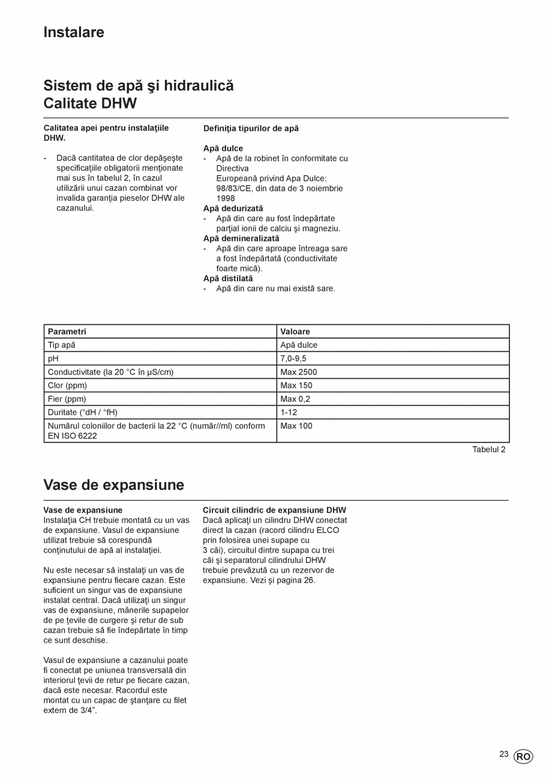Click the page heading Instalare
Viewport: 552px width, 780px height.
(x=74, y=32)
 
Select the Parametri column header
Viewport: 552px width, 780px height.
(x=67, y=332)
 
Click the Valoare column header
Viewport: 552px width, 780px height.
(x=295, y=332)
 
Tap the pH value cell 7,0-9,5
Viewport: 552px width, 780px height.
(x=293, y=359)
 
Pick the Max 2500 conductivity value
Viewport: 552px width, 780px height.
(x=298, y=372)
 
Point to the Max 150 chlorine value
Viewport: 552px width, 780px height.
(x=296, y=386)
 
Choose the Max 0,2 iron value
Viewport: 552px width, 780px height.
(x=295, y=399)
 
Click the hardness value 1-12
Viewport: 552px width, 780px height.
(x=289, y=412)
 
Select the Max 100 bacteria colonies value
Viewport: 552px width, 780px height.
(x=296, y=426)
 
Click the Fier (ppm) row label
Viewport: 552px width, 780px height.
(x=67, y=399)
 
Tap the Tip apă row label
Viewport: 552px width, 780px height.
(x=62, y=345)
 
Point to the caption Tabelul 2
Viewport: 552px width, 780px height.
(x=488, y=450)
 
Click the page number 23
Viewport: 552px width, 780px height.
(x=503, y=754)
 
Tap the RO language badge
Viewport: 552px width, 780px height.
(x=523, y=757)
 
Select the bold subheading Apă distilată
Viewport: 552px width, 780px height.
(x=228, y=279)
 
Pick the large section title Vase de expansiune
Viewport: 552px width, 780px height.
(x=113, y=485)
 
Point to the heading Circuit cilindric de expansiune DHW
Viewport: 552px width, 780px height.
(x=274, y=510)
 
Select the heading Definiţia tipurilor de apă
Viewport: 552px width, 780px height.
(x=251, y=128)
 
